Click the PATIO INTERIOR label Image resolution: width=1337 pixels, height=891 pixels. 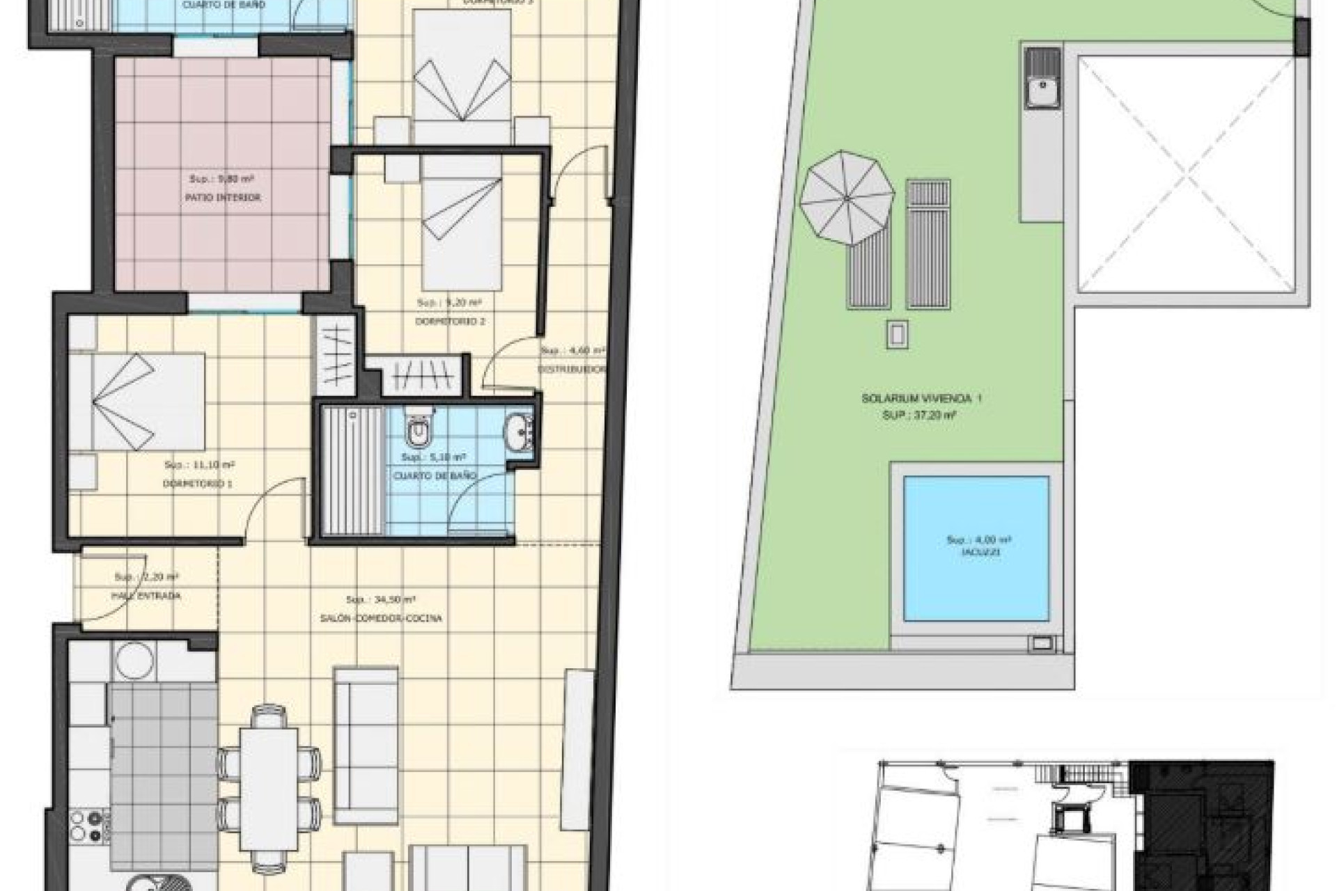(222, 198)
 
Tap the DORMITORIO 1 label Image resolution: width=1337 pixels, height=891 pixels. (197, 483)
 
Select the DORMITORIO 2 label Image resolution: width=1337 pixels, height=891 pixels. (450, 322)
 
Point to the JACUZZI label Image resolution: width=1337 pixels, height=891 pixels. (980, 552)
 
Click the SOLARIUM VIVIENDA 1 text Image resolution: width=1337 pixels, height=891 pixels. (921, 399)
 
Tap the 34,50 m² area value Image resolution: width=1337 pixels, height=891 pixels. (381, 599)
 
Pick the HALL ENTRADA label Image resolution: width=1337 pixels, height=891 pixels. (146, 596)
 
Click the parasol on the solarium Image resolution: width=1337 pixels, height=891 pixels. (847, 198)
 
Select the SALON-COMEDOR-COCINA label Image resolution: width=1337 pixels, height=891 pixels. (381, 618)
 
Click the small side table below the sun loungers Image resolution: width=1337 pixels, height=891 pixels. (897, 335)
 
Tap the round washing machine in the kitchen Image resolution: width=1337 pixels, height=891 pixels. (134, 659)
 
